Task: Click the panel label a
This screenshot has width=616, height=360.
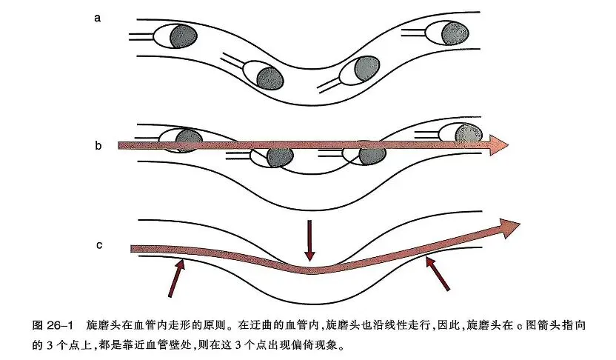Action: click(98, 18)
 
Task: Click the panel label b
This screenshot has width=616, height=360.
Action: click(98, 146)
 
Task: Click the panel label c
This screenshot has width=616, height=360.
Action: click(98, 244)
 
